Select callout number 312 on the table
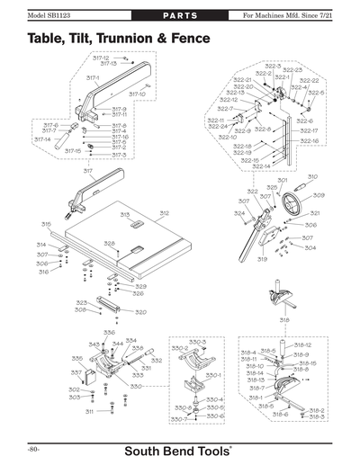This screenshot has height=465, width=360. click(x=165, y=212)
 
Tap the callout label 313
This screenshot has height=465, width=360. click(x=126, y=214)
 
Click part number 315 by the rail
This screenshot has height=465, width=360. click(x=46, y=223)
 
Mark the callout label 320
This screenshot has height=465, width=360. click(x=139, y=312)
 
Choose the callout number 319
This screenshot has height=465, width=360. click(x=262, y=259)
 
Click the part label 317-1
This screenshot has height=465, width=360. click(x=92, y=78)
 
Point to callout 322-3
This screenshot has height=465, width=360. click(x=273, y=67)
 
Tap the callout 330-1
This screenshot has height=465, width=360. click(x=212, y=374)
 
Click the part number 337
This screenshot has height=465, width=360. click(x=76, y=371)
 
